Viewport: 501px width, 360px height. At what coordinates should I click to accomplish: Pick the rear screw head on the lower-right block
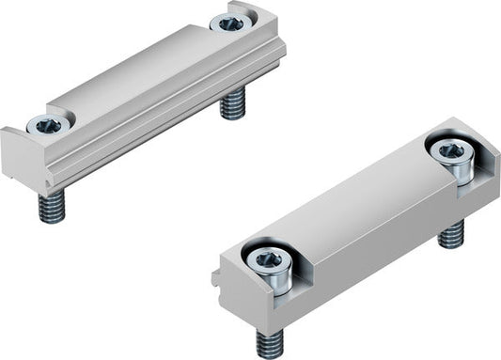(x=449, y=149)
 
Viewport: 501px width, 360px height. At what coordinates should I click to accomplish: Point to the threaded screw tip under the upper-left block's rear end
(x=232, y=102)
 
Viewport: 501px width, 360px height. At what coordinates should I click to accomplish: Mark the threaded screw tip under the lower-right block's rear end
(x=452, y=233)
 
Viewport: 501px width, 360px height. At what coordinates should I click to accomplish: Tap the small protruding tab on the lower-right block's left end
(x=216, y=277)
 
